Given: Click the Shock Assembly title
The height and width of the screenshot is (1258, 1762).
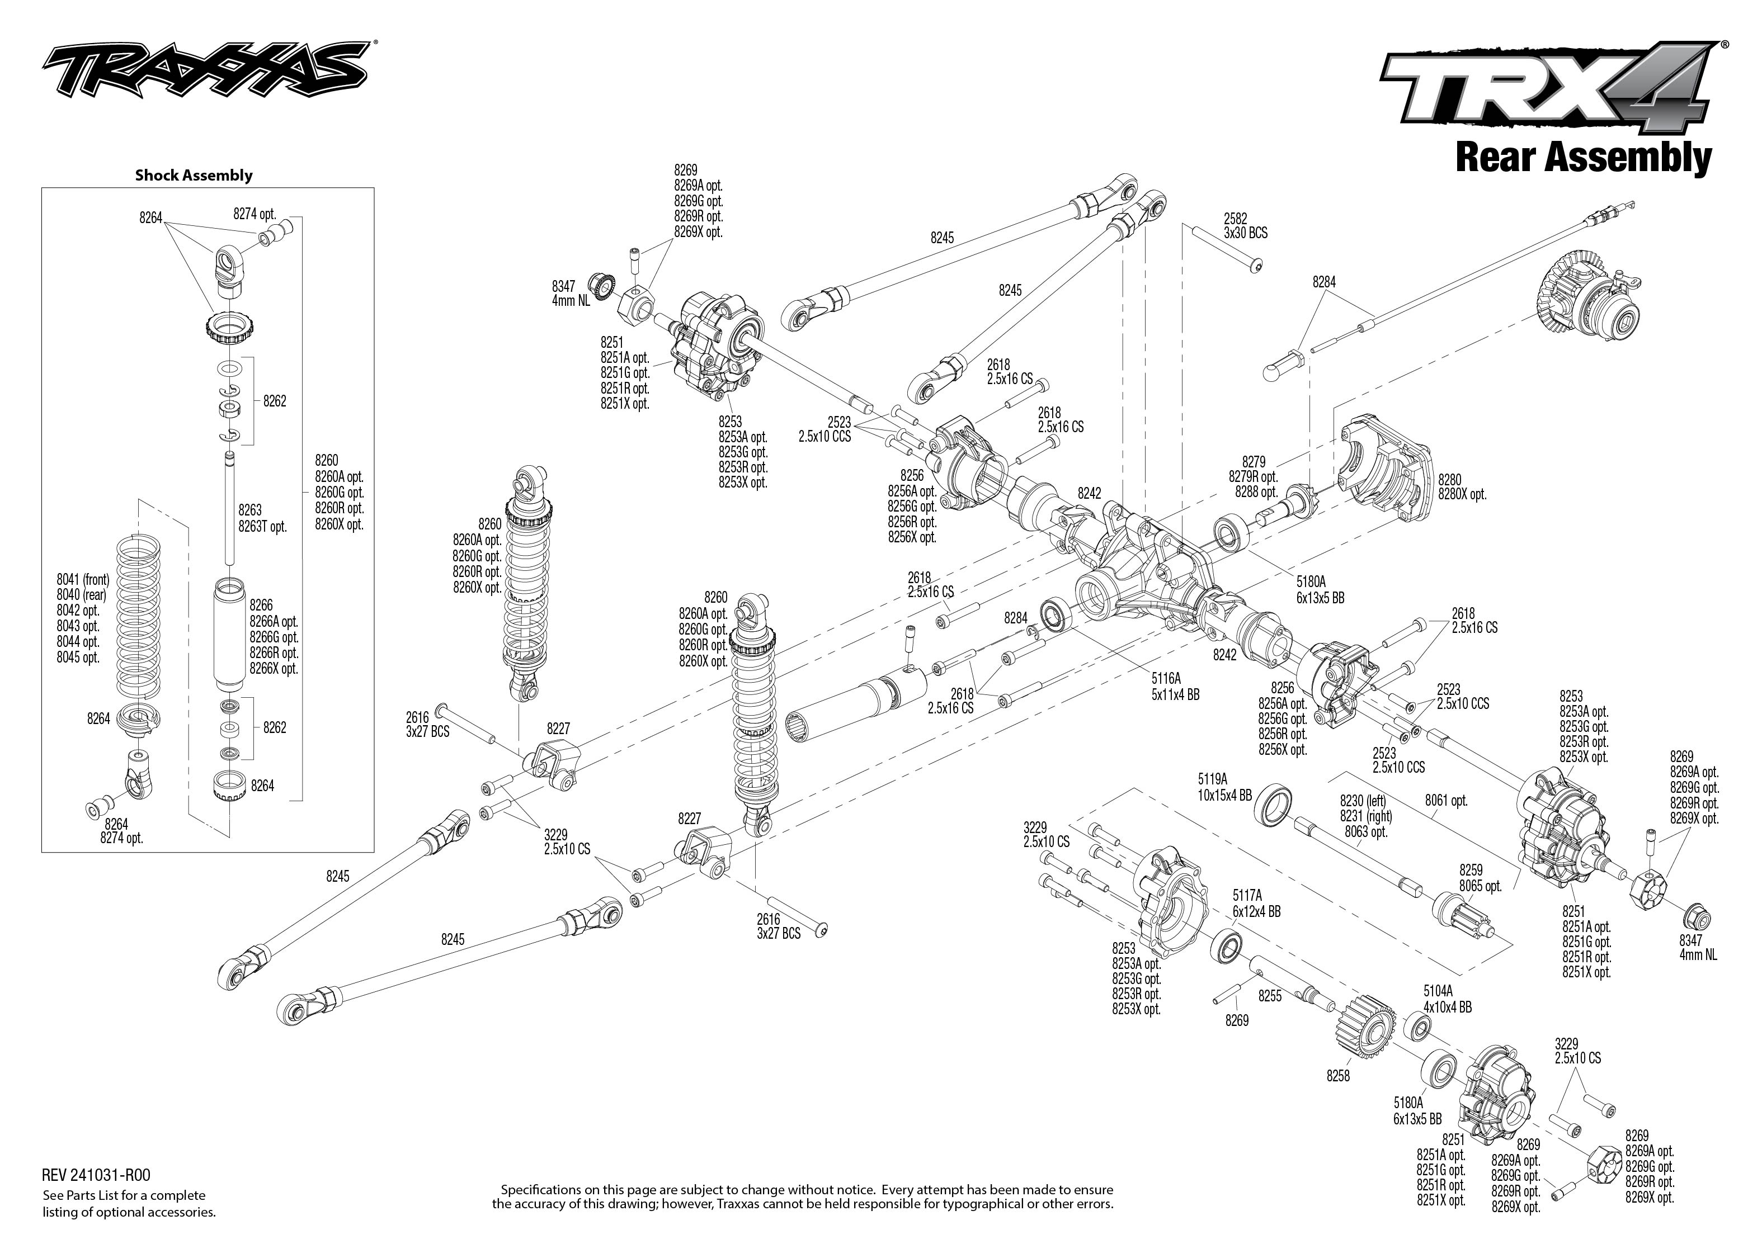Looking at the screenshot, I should tap(194, 175).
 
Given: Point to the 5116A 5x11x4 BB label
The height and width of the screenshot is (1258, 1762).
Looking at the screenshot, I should tap(1175, 687).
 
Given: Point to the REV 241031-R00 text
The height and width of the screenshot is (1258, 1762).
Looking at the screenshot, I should tap(96, 1176).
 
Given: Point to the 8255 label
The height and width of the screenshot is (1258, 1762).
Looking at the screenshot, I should tap(1269, 996).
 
